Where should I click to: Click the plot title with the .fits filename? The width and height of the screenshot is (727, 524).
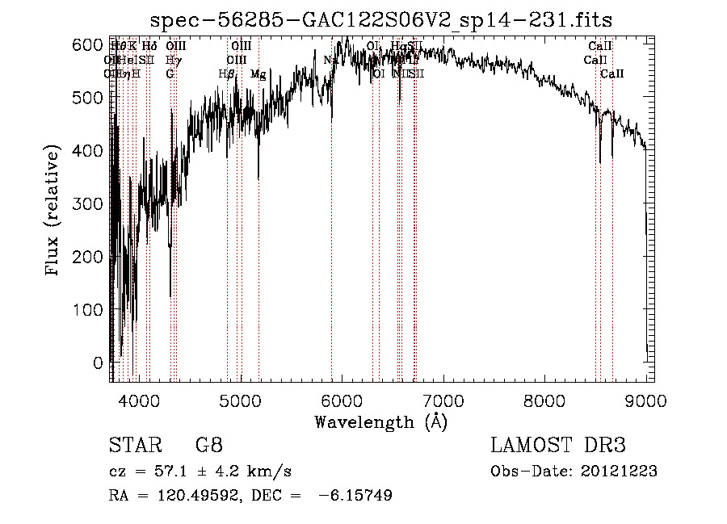[x=381, y=19]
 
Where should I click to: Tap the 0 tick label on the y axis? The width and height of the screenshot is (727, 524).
[x=99, y=363]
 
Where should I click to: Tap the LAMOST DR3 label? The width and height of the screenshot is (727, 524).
[x=558, y=446]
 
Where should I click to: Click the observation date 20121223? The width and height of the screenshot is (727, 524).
[x=619, y=472]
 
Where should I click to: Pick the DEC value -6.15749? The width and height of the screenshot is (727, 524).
[x=356, y=496]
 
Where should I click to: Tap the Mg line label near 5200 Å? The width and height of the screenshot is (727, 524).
[x=258, y=74]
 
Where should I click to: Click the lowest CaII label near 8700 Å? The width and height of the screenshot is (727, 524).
[x=612, y=74]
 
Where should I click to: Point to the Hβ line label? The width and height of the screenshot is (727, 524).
[x=227, y=74]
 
